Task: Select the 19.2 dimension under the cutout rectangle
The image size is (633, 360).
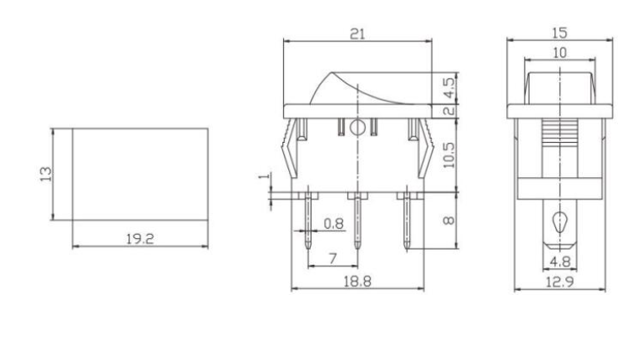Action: (x=139, y=239)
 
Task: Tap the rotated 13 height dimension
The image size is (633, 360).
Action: (x=46, y=175)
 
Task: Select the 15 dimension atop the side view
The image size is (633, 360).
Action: (x=558, y=33)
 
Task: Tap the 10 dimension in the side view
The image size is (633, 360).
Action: (x=558, y=52)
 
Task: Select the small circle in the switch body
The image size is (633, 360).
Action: (x=357, y=128)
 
